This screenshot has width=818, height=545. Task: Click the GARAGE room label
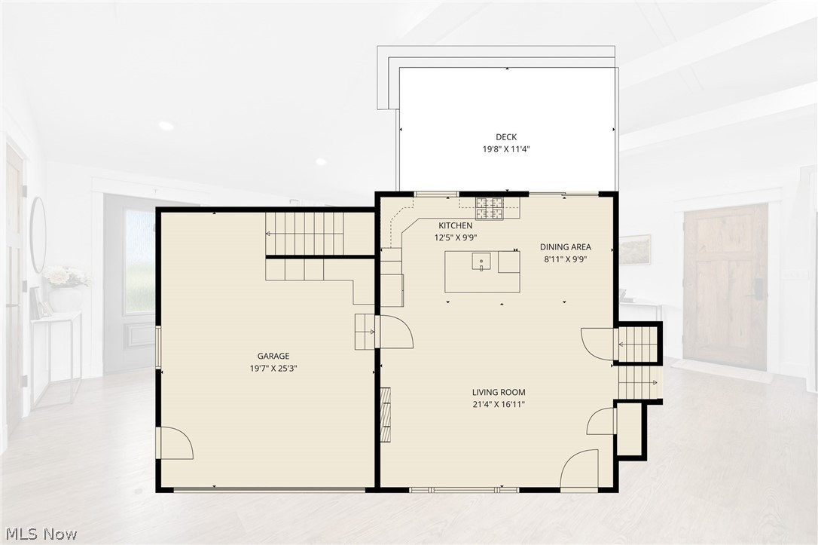[x=273, y=356]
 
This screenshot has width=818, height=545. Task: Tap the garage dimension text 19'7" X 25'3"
[x=273, y=368]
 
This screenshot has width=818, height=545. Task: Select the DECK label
[x=506, y=136]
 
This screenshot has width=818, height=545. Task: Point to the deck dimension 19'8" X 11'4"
[x=506, y=148]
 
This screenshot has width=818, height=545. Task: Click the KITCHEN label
[x=456, y=225]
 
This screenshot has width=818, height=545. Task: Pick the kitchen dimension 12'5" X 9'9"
[x=456, y=237]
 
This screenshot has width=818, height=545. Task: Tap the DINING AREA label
[x=566, y=247]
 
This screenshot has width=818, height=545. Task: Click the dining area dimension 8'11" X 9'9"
[x=566, y=259]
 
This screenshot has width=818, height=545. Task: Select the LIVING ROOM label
[x=499, y=392]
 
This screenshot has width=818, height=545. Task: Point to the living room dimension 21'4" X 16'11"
[x=499, y=404]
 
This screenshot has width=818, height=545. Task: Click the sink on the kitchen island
[x=481, y=261]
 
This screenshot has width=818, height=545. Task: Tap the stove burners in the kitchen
[x=490, y=208]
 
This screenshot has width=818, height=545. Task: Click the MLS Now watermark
[x=41, y=534]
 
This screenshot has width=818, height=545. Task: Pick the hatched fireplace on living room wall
[x=386, y=415]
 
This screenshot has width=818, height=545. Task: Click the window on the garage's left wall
[x=158, y=348]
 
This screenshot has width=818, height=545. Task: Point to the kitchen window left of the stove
[x=436, y=194]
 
